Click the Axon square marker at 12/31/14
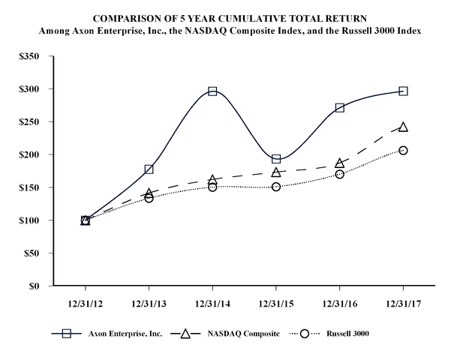coord(212,91)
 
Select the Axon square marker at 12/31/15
coord(276,159)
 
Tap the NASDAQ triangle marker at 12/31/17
coord(403,127)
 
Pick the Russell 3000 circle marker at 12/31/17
coord(403,150)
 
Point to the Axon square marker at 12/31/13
coord(149,169)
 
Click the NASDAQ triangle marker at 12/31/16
coord(339,163)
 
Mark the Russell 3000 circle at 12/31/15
coord(276,186)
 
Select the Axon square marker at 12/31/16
coord(339,107)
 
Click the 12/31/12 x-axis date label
coord(85,307)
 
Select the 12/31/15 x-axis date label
coord(276,307)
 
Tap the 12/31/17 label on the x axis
coord(403,307)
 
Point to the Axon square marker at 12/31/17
coord(403,91)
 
